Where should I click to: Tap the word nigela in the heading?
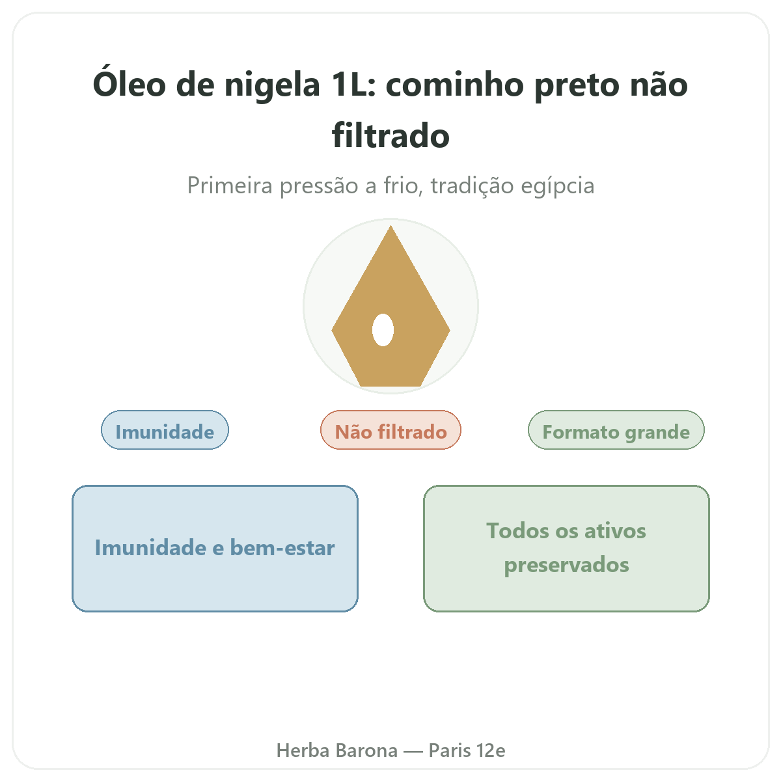pos(272,85)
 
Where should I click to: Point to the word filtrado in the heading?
pos(390,135)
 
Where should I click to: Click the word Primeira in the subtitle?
pos(229,185)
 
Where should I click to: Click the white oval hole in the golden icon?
pos(383,329)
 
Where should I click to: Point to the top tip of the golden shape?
pos(390,225)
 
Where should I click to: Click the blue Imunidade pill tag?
pos(165,430)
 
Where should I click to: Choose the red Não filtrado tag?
pos(390,430)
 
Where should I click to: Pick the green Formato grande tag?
pos(616,430)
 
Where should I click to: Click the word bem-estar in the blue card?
pos(282,547)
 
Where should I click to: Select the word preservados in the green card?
pos(566,566)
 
